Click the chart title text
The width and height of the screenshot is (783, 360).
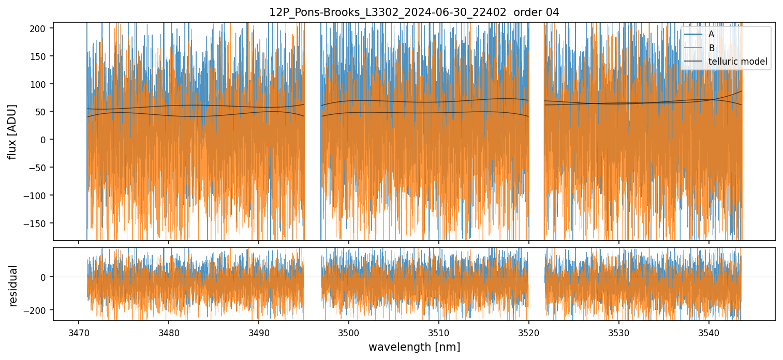coord(414,12)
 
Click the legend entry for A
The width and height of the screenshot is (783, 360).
coord(711,34)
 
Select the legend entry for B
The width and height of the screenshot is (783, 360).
coord(711,48)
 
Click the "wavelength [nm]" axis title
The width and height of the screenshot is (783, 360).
coord(414,347)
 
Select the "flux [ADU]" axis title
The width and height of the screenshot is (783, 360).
coord(12,131)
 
